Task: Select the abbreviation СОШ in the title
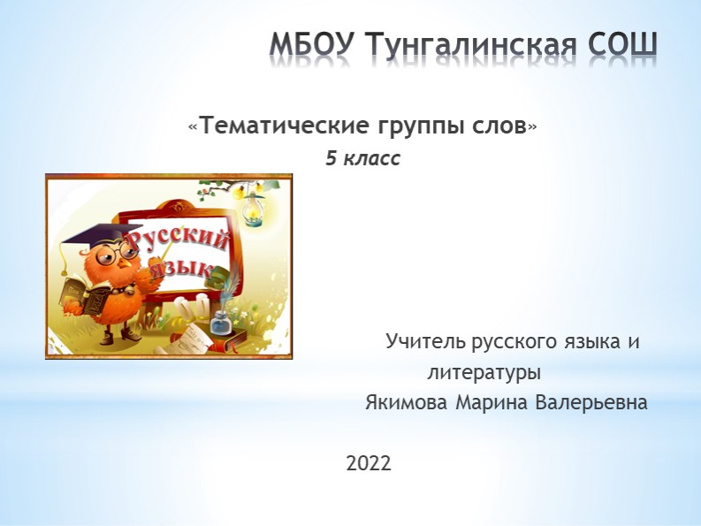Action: point(623,45)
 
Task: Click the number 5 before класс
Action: point(331,159)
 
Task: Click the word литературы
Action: point(484,372)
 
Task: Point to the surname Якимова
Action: point(407,403)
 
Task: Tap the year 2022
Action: point(369,462)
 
